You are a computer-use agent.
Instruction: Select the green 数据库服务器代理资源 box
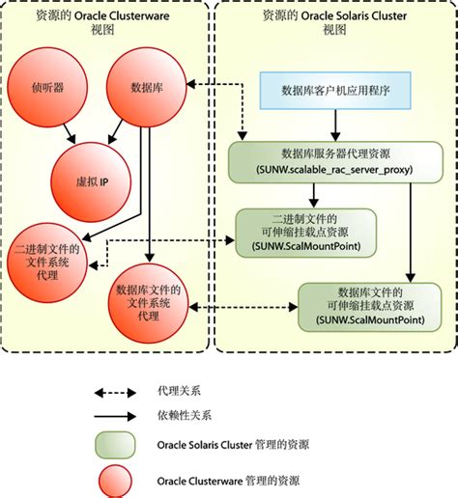click(334, 159)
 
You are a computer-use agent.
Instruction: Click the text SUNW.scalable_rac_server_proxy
click(334, 169)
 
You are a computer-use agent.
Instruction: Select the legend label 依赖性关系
click(184, 415)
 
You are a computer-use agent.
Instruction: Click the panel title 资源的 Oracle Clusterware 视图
click(103, 23)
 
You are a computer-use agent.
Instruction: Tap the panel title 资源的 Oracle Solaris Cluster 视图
click(334, 23)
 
